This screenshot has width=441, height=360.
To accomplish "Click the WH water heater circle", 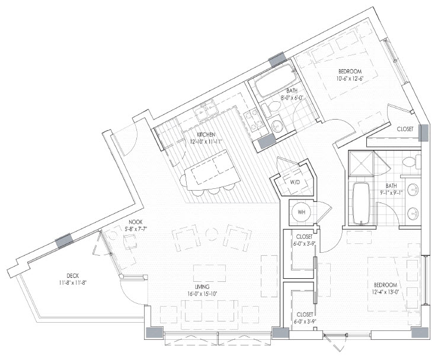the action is click(302, 212).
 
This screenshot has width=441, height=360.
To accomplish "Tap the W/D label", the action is click(295, 182).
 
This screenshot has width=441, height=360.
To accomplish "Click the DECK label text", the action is click(73, 275).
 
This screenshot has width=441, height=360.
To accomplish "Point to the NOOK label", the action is click(136, 222).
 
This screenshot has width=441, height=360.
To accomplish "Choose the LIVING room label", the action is click(203, 287).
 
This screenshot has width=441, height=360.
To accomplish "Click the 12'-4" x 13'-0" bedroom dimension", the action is click(385, 292).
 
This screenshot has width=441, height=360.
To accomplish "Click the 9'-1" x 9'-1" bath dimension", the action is click(391, 193).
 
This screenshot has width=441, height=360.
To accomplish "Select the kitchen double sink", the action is click(206, 111).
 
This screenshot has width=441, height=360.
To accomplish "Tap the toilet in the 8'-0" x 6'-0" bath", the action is click(270, 108).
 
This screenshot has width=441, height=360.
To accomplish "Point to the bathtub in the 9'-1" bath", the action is click(361, 204).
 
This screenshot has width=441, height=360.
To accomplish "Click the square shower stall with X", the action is click(362, 163).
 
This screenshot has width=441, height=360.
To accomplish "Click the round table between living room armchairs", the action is click(211, 234).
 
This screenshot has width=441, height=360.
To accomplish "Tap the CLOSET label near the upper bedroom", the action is click(405, 129).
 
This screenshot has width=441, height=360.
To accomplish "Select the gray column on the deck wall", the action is click(64, 241).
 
